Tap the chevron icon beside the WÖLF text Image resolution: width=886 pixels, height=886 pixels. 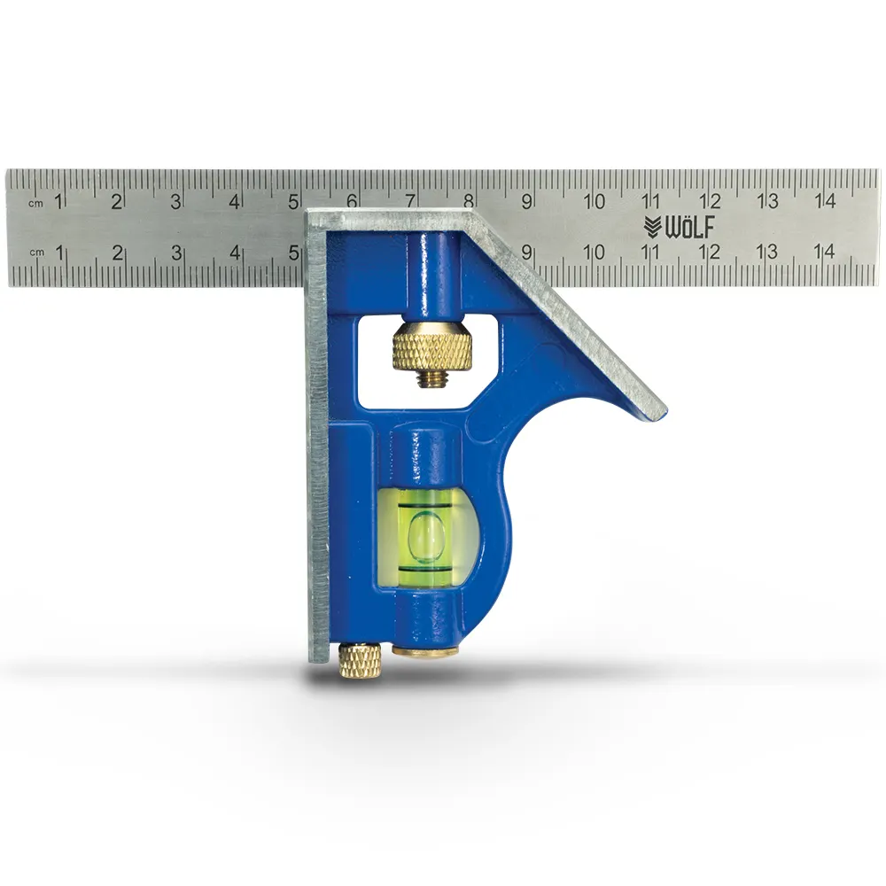pyautogui.click(x=652, y=227)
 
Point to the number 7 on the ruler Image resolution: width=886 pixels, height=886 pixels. pyautogui.click(x=410, y=201)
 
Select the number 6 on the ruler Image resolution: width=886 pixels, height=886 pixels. pyautogui.click(x=352, y=201)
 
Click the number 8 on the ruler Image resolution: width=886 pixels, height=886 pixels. pyautogui.click(x=469, y=201)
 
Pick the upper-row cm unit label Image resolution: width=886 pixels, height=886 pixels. pyautogui.click(x=35, y=204)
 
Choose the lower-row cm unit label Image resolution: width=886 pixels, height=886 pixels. pyautogui.click(x=35, y=253)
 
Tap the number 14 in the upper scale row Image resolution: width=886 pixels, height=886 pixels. pyautogui.click(x=826, y=201)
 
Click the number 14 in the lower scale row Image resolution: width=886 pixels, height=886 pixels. pyautogui.click(x=826, y=252)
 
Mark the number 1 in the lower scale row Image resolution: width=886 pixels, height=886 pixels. pyautogui.click(x=58, y=252)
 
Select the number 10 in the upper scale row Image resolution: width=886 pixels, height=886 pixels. pyautogui.click(x=595, y=201)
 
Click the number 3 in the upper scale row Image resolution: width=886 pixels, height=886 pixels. pyautogui.click(x=175, y=201)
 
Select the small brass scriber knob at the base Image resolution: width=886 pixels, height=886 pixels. pyautogui.click(x=360, y=659)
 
